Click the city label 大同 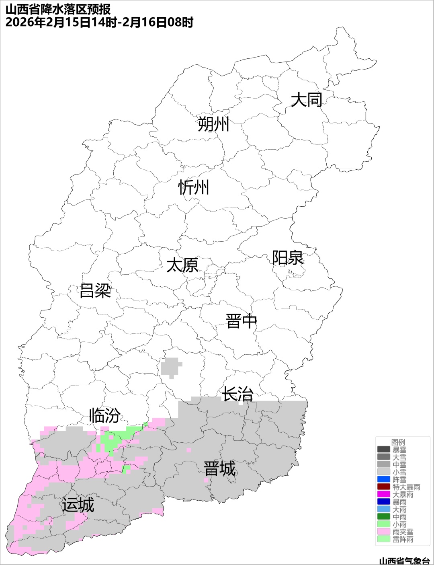306,99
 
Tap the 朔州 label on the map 213,124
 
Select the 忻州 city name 194,187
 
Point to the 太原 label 182,265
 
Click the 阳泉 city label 288,258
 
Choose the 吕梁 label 95,290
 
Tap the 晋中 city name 241,321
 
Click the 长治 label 237,394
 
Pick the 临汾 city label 104,415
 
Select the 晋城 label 219,469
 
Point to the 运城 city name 78,505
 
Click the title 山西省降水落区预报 58,9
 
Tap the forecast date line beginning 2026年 99,23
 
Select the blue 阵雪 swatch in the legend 383,479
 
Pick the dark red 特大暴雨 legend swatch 383,487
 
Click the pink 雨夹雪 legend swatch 383,532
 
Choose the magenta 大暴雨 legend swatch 383,494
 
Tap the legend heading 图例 398,442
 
